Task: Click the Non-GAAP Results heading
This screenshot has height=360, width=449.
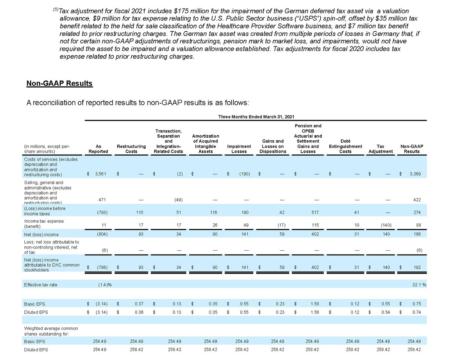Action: pyautogui.click(x=59, y=83)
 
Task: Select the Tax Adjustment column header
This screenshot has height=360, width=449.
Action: pyautogui.click(x=381, y=149)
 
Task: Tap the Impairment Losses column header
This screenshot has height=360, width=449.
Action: pyautogui.click(x=239, y=149)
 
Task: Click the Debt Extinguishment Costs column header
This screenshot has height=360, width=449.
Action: pyautogui.click(x=345, y=146)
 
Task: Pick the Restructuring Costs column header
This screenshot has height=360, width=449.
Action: pyautogui.click(x=131, y=149)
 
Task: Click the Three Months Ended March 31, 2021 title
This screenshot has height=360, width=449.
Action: pyautogui.click(x=256, y=117)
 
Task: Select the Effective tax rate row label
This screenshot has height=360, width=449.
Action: pyautogui.click(x=41, y=285)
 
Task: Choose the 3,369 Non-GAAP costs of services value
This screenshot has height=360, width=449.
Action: pyautogui.click(x=414, y=174)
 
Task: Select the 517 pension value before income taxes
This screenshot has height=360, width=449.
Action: pyautogui.click(x=315, y=213)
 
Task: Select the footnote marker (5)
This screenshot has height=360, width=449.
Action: pyautogui.click(x=56, y=9)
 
